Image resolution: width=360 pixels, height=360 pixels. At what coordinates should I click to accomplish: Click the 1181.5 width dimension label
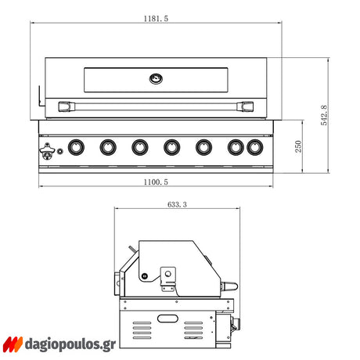click(x=156, y=19)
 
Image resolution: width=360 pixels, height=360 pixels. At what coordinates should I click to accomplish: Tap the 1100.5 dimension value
click(x=156, y=182)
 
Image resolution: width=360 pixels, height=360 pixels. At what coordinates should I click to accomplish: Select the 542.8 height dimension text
click(x=324, y=115)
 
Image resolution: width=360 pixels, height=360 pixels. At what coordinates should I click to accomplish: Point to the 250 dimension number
click(x=298, y=146)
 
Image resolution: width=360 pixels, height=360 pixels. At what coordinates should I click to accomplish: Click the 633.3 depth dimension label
click(x=177, y=204)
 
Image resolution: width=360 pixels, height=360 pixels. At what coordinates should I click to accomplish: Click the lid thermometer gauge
click(x=156, y=78)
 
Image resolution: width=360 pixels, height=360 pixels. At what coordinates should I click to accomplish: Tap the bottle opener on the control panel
click(x=47, y=151)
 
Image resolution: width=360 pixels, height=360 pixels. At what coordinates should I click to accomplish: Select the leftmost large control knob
click(x=76, y=147)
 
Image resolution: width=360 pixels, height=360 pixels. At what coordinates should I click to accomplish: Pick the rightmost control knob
click(x=255, y=147)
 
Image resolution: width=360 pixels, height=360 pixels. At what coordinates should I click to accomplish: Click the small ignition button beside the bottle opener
click(x=60, y=151)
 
